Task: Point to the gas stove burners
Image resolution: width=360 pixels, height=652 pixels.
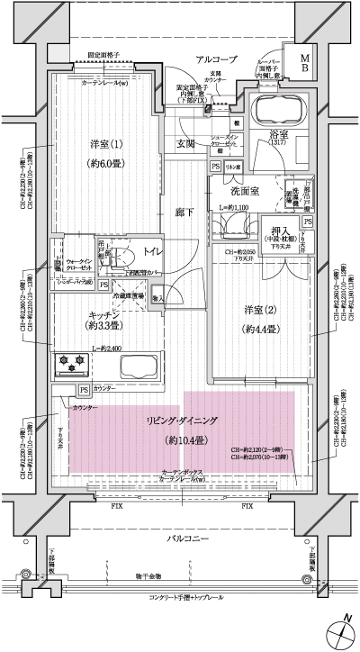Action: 73,365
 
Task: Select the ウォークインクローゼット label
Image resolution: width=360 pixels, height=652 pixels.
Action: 80,265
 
